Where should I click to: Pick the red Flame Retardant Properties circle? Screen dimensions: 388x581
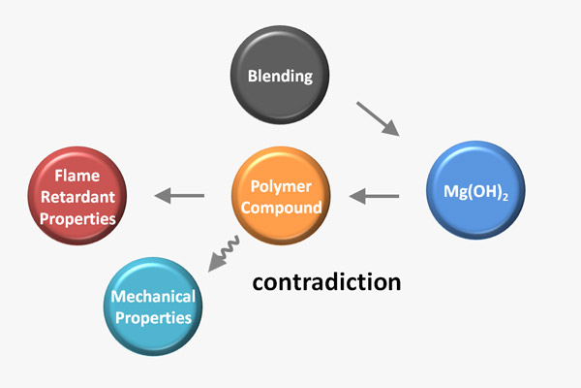point(78,193)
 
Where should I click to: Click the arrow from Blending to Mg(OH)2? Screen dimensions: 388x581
point(378,119)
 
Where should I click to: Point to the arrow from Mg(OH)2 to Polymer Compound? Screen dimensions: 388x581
point(374,197)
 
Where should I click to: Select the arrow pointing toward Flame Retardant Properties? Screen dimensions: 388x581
point(179,197)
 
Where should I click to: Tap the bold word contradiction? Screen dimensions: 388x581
point(326,282)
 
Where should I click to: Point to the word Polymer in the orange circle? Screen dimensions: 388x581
point(281,185)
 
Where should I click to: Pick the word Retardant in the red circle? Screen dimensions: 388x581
point(78,198)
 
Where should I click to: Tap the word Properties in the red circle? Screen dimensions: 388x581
point(78,219)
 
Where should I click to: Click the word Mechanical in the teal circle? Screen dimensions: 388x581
point(153,296)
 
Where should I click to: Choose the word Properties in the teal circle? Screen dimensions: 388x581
point(153,316)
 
